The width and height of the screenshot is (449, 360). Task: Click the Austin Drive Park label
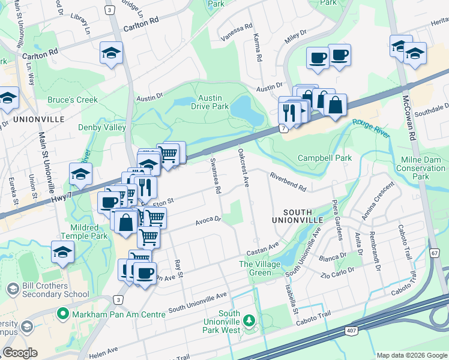(x=210, y=102)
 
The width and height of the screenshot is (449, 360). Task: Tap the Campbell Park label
(x=325, y=158)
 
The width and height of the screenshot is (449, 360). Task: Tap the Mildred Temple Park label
(x=84, y=232)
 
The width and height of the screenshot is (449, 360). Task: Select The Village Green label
(x=260, y=268)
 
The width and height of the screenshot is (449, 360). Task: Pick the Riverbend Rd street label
(x=288, y=182)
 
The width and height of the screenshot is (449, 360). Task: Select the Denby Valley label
(x=102, y=127)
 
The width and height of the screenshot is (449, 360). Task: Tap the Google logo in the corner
(x=20, y=353)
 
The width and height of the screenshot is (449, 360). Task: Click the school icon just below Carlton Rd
(x=112, y=54)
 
